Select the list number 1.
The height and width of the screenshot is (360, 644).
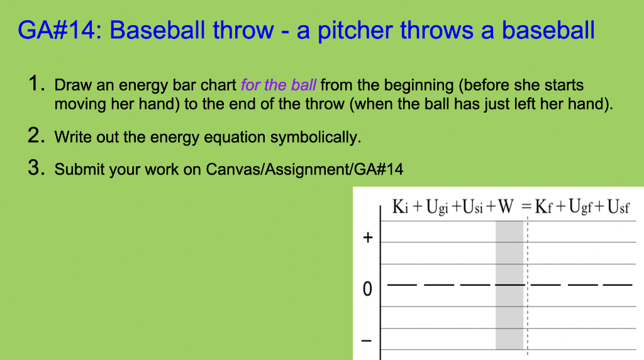[x=36, y=84]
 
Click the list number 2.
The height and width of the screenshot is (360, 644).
[x=36, y=136]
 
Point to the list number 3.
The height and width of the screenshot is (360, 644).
[x=36, y=169]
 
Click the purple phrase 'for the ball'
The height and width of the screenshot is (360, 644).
[x=279, y=85]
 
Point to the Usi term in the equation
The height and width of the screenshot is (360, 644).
[x=472, y=207]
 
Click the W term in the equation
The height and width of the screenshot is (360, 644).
[x=506, y=207]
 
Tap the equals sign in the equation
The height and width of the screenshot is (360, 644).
[x=527, y=207]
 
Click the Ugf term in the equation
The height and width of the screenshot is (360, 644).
[x=580, y=207]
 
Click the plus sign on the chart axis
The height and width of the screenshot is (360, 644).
[x=368, y=238]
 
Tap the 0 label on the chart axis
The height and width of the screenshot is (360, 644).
[x=368, y=290]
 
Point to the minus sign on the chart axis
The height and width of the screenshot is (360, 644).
[x=368, y=340]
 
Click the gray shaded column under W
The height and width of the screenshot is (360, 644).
[x=510, y=315]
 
